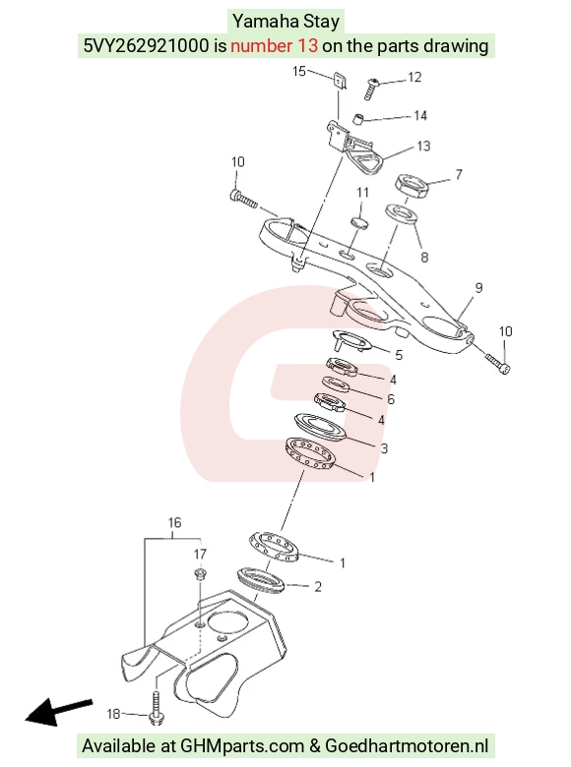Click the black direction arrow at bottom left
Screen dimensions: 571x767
[x=58, y=712]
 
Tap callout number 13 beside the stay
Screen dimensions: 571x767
[x=423, y=146]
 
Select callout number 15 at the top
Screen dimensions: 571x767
[x=298, y=72]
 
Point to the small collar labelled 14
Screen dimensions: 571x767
[x=359, y=119]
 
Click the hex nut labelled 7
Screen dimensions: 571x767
[x=412, y=185]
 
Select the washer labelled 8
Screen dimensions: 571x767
[x=402, y=213]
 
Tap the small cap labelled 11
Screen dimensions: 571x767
[x=360, y=222]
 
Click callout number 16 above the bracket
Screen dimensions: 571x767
[x=175, y=522]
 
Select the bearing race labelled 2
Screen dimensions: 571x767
[x=261, y=580]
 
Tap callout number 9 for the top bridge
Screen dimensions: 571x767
[x=478, y=287]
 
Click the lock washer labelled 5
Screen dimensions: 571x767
[x=353, y=340]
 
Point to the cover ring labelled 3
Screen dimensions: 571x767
[x=320, y=427]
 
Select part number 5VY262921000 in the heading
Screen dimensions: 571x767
[x=146, y=45]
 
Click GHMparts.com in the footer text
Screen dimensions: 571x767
[x=242, y=746]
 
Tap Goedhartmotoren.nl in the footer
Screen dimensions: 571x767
[x=407, y=746]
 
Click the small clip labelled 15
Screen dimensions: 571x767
[x=341, y=81]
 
